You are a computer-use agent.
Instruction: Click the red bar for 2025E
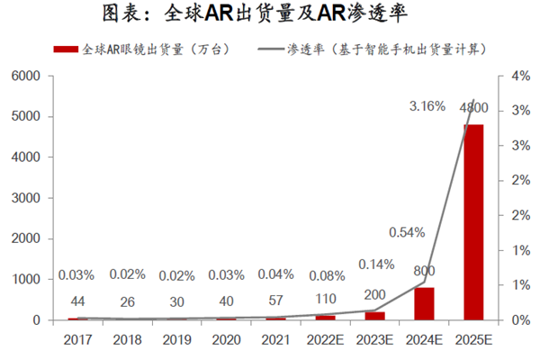point(473,222)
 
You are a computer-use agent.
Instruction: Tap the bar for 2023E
point(374,316)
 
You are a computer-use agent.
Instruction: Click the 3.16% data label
point(427,107)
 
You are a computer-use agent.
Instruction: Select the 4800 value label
point(473,109)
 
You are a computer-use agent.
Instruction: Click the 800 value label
point(424,270)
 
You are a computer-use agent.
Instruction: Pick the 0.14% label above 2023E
point(375,265)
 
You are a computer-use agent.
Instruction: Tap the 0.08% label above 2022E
point(325,274)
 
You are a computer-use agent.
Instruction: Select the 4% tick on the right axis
point(509,76)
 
